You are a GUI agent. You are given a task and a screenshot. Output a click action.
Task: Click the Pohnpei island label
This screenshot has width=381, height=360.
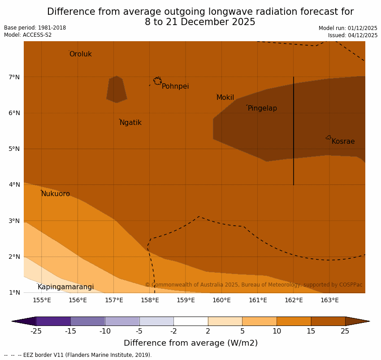[175, 86]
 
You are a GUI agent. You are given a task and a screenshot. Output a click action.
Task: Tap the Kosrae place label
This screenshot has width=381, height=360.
[343, 141]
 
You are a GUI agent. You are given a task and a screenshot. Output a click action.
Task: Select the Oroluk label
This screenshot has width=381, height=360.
[80, 54]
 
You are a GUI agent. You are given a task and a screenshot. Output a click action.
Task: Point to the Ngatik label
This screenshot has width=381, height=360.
[130, 123]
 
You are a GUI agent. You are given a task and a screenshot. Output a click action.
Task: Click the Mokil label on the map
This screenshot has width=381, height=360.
[225, 98]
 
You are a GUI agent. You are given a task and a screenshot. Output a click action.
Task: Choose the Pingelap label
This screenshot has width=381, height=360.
[262, 108]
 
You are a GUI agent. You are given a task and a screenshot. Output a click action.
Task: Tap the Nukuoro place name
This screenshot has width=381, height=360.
[56, 194]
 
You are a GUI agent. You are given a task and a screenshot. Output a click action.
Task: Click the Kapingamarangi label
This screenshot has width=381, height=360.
[65, 287]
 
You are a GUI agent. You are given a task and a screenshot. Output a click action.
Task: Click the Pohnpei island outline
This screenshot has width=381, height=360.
[157, 81]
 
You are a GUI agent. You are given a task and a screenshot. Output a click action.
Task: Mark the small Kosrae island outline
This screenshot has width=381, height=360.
[329, 137]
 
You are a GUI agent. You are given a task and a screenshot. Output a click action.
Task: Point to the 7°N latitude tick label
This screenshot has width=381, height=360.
[14, 77]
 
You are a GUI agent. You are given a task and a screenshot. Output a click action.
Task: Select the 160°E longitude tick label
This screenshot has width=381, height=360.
[221, 300]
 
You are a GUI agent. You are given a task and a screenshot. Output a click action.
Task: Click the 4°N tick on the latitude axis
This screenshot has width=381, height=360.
[14, 184]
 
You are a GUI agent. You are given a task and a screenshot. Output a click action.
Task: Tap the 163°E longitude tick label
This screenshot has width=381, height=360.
[329, 300]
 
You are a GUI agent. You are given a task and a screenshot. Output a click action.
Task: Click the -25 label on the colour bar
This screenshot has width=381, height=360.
[36, 331]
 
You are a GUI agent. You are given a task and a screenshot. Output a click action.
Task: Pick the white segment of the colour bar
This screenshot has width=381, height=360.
[190, 321]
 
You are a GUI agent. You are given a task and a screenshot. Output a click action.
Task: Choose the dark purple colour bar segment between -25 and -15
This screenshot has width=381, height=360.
[53, 321]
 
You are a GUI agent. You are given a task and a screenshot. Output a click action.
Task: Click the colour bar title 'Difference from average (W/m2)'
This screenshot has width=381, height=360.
[190, 343]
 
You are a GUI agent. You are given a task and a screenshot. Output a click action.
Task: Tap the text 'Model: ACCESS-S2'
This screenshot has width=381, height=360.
[28, 35]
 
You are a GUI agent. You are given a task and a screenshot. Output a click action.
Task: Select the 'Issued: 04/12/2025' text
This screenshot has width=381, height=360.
[352, 35]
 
